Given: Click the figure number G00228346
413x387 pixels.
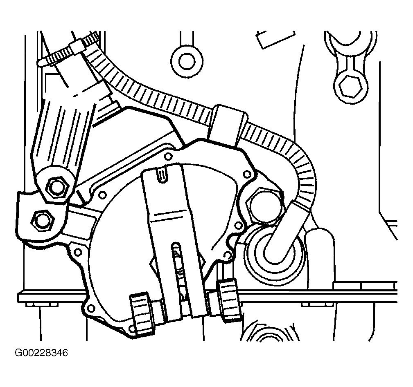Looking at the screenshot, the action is tap(41, 353).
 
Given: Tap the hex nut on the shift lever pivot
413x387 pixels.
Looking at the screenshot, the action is tap(56, 188).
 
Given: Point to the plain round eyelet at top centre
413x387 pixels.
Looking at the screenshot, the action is tap(187, 61).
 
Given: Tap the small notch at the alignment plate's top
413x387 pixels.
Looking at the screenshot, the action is tap(162, 174).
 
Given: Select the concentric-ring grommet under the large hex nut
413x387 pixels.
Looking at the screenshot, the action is tap(274, 255).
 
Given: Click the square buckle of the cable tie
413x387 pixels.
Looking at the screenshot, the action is tap(77, 47).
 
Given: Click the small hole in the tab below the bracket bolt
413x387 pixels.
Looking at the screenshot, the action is tap(78, 252).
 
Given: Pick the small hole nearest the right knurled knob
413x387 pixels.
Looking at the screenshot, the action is tap(227, 255).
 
